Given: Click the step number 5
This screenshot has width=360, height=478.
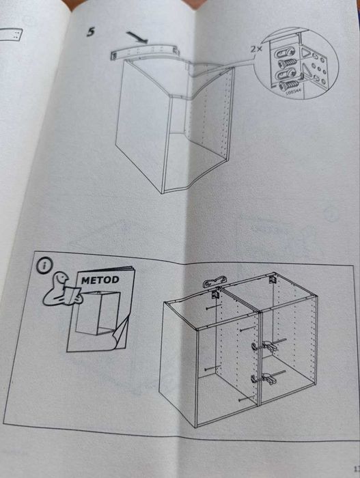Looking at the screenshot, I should [90, 32].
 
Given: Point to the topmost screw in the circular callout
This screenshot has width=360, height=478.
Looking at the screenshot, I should [285, 52].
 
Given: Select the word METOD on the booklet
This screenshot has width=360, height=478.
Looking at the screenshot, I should [100, 280].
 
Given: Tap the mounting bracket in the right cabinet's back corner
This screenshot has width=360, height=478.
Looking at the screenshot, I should [271, 280].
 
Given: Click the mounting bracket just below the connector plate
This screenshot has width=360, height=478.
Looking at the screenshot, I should [217, 294].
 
